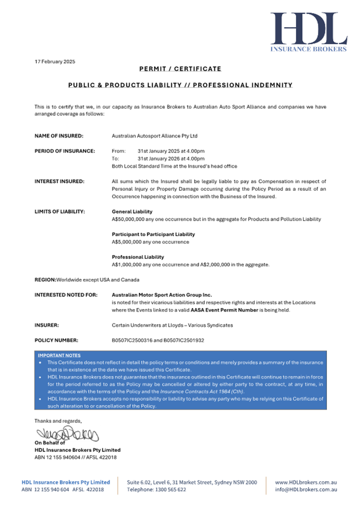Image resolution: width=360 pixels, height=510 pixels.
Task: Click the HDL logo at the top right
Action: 308,31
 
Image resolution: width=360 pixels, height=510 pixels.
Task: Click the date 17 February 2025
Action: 55,61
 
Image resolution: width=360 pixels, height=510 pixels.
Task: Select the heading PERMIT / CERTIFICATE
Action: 180,69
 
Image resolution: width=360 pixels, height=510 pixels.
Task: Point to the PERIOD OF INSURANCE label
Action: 65,151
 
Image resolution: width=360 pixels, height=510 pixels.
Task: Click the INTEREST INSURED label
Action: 59,181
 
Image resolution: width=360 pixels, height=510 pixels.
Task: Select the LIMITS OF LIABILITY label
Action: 60,212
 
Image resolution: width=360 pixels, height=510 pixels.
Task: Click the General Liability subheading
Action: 132,212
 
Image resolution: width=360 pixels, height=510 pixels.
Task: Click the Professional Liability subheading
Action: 138,257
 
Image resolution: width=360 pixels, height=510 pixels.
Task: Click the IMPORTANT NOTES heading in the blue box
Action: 58,354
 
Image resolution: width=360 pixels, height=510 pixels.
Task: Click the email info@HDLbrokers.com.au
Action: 306,489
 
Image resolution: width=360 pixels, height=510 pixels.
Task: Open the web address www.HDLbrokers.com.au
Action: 306,482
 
